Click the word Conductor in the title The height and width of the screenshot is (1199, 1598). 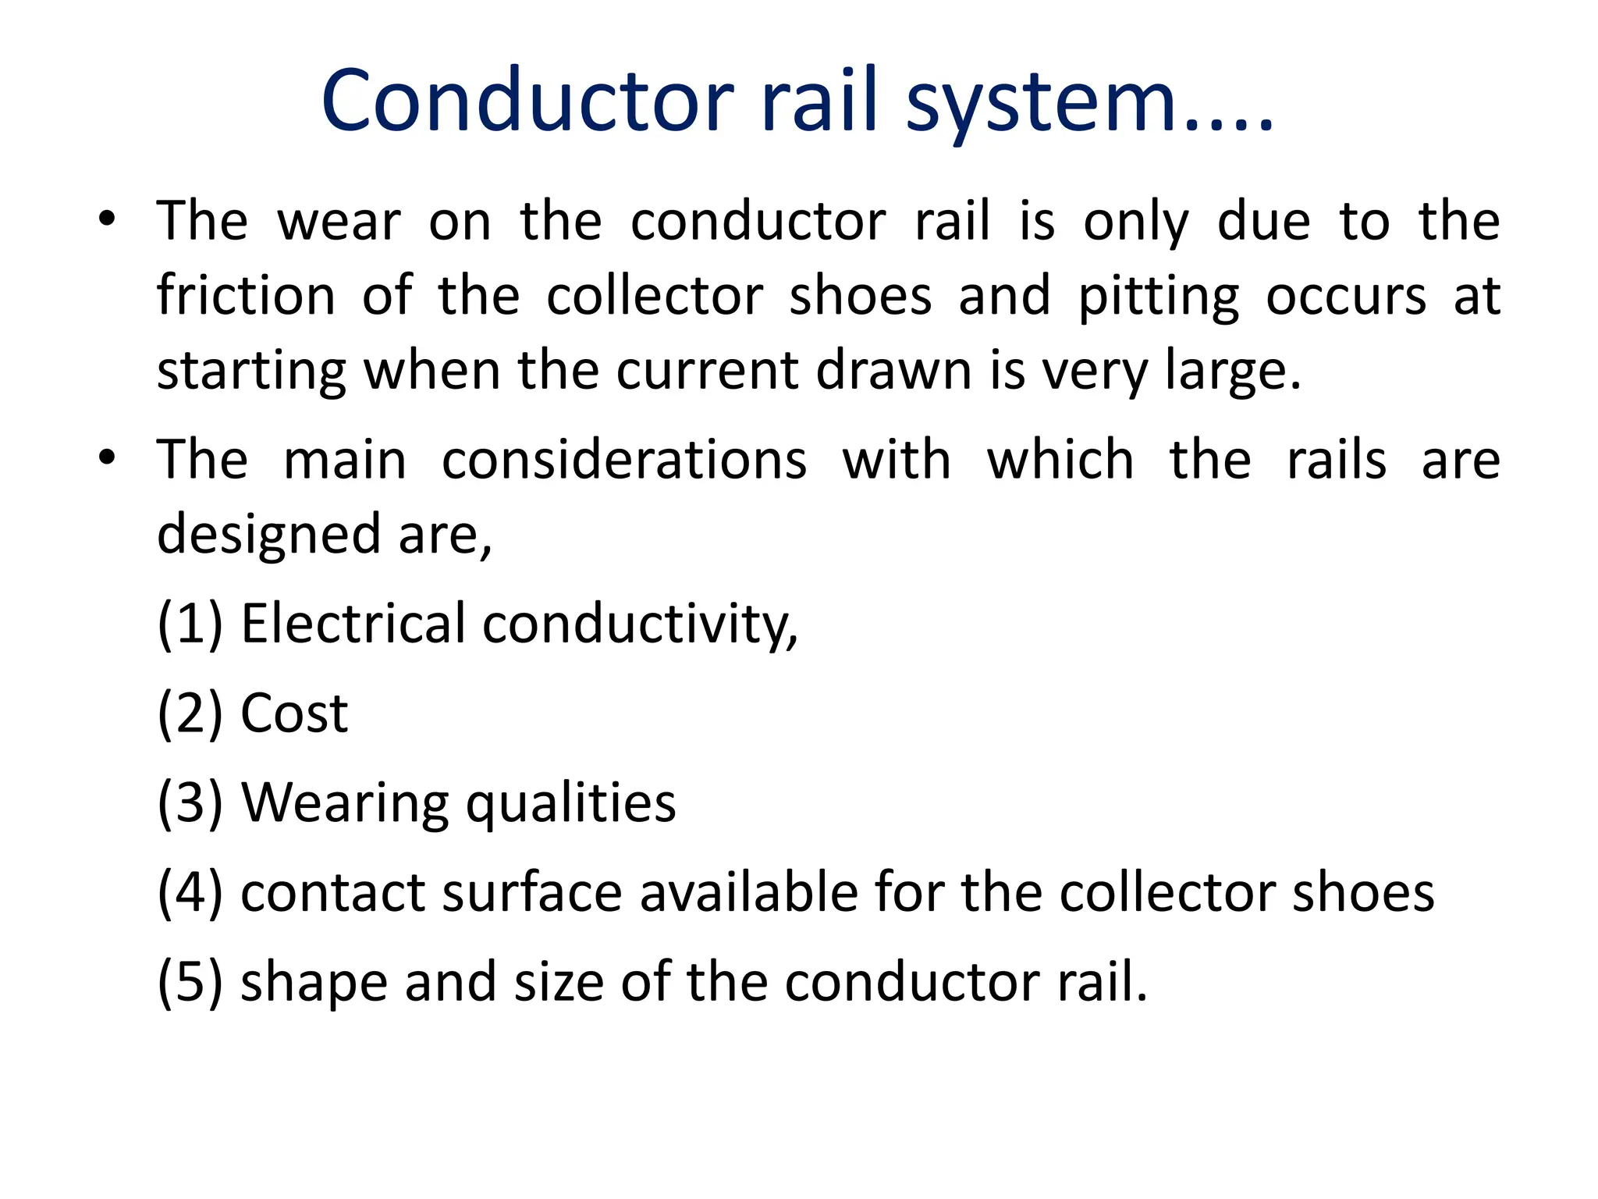pos(527,101)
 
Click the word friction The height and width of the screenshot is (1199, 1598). pos(246,296)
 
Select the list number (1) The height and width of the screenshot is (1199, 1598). pos(190,624)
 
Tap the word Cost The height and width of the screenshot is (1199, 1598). pos(294,713)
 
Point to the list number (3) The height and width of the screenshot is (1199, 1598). pos(190,802)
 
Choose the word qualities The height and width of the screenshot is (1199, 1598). pos(570,804)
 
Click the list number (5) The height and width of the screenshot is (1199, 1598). pos(190,981)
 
